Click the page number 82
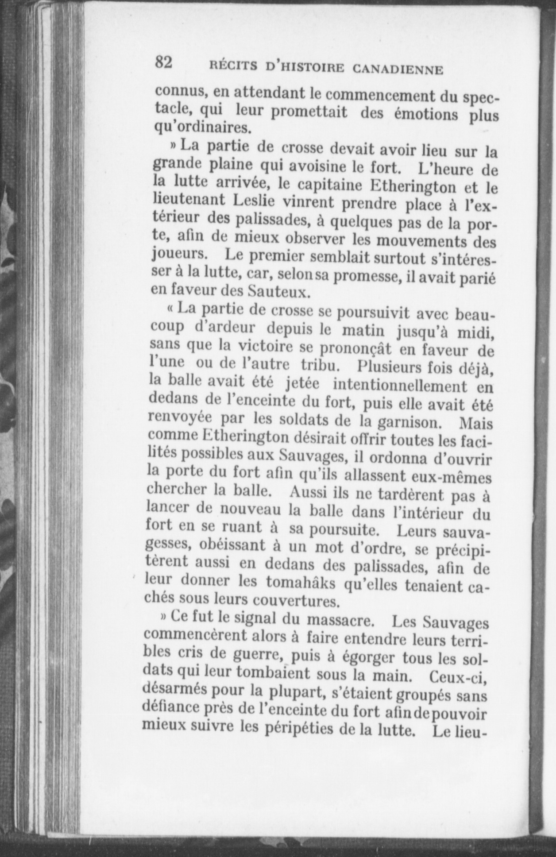[x=163, y=63]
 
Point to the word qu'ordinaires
[x=202, y=128]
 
